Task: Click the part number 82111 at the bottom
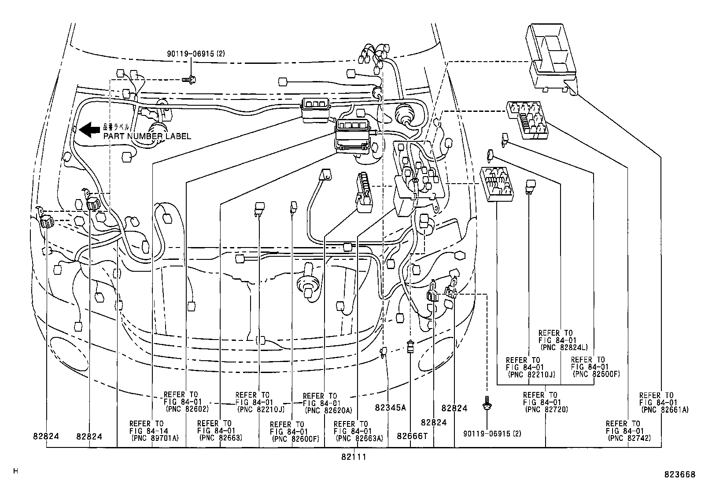pos(354,457)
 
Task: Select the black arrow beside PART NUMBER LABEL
pos(91,129)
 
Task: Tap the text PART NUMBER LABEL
pos(147,137)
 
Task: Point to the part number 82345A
pos(390,408)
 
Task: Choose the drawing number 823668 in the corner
pos(679,475)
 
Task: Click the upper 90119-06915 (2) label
pos(196,54)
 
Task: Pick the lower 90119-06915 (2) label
pos(492,434)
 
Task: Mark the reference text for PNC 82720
pos(546,402)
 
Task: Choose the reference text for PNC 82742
pos(628,431)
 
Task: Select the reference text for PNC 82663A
pos(358,431)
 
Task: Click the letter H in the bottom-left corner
pos(16,471)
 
